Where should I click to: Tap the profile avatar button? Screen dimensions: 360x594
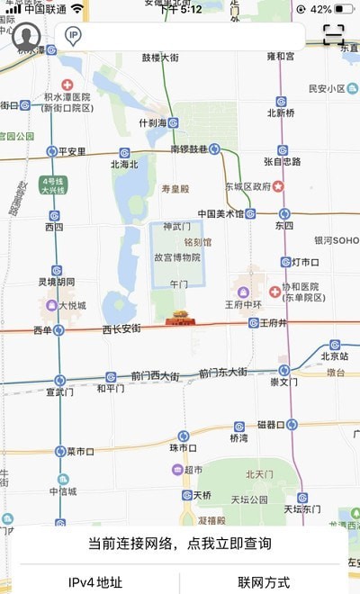27,37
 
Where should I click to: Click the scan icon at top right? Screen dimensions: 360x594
334,34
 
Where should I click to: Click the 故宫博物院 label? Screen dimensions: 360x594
176,257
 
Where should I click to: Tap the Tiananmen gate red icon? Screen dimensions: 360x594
179,319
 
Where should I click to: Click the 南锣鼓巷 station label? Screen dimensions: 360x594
189,148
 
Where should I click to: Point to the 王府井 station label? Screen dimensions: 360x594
272,323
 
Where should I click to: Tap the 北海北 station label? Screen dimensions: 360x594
124,165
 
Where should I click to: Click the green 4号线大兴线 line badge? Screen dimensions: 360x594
53,185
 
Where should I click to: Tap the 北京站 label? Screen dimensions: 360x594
334,355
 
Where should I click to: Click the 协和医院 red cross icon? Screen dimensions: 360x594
274,292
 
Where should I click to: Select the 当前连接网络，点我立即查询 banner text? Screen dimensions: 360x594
179,544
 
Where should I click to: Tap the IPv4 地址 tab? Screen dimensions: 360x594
95,582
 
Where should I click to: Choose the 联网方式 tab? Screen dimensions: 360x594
264,582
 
